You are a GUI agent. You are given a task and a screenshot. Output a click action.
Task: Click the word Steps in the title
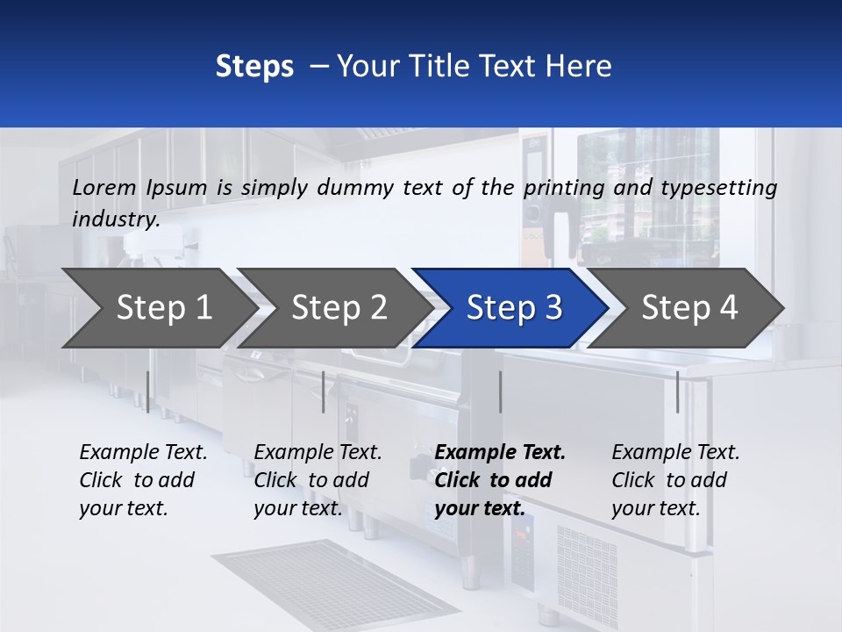tap(254, 67)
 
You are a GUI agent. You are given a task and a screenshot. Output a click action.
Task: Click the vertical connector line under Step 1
tap(147, 391)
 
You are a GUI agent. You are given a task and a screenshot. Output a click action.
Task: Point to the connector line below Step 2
tap(323, 391)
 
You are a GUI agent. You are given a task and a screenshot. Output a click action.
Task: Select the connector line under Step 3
tap(500, 391)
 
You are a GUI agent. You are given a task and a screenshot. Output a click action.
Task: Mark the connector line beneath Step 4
tap(677, 391)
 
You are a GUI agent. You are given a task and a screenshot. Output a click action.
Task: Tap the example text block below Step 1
tap(143, 480)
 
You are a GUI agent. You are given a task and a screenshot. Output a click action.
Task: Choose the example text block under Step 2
tap(318, 480)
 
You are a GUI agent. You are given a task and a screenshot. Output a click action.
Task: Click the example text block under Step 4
tap(674, 480)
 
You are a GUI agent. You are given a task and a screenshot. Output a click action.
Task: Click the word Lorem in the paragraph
tap(104, 188)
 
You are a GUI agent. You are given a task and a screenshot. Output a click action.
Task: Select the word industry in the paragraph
tap(115, 219)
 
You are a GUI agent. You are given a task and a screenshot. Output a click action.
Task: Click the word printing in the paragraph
tap(557, 188)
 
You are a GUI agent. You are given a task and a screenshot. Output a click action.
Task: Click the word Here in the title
tap(581, 67)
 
